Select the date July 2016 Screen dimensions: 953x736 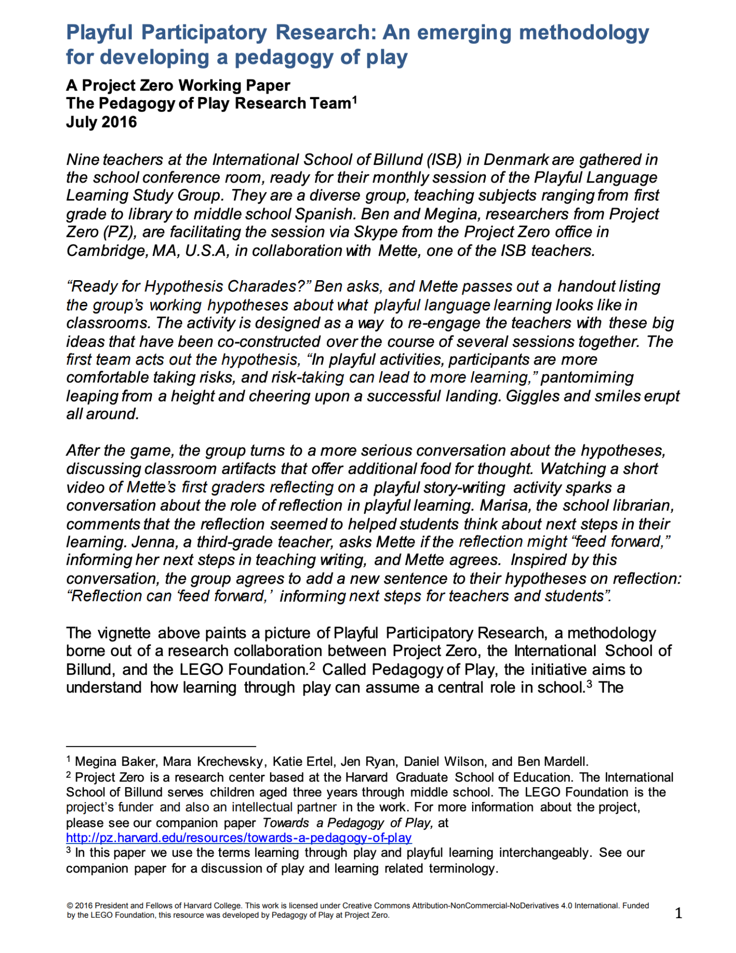(x=101, y=122)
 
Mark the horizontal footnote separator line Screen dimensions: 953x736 (x=161, y=746)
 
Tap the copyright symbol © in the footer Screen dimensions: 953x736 (x=70, y=905)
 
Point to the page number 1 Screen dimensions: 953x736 (x=678, y=913)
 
